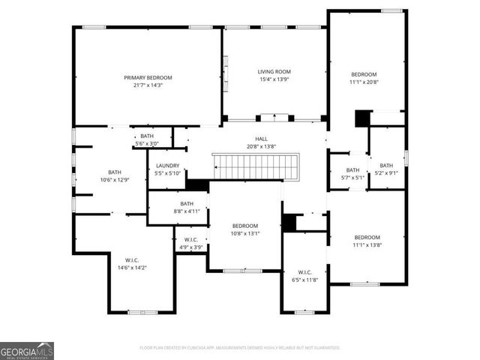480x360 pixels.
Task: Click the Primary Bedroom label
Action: click(148, 77)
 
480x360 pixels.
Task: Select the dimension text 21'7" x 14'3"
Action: click(148, 85)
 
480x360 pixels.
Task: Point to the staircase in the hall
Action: click(255, 166)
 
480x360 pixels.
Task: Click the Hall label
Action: click(261, 139)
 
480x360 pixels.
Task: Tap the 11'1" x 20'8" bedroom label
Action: click(364, 74)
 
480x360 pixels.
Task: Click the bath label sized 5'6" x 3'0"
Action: click(146, 136)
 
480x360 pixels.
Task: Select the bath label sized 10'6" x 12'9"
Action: click(114, 172)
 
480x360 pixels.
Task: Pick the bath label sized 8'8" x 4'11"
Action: click(187, 203)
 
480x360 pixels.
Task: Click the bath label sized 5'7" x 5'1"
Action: click(352, 170)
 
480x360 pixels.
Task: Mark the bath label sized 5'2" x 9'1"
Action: click(386, 166)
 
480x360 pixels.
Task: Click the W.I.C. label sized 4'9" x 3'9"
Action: click(191, 240)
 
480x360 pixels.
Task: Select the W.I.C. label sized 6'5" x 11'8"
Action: click(304, 272)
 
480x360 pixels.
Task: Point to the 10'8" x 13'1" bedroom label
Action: click(245, 226)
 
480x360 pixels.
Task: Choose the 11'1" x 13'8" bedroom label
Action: click(367, 237)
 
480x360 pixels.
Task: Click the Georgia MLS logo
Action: click(27, 350)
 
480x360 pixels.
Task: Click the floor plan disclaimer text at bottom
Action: click(239, 347)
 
